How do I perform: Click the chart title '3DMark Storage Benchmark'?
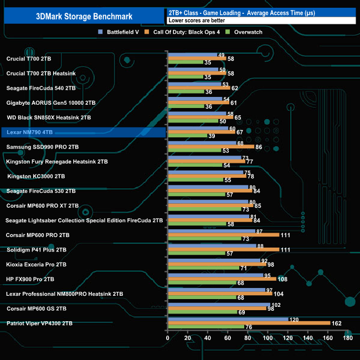coord(83,16)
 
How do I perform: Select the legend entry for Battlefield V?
coord(120,32)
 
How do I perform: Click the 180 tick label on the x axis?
coord(347,338)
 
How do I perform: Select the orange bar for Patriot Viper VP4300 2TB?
coord(249,323)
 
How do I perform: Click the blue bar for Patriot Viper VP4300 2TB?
coord(228,319)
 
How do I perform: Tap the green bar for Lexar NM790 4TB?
coord(187,136)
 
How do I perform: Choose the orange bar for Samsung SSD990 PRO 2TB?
coord(210,147)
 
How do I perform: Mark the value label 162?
coord(336,323)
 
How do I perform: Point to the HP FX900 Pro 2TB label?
coord(30,279)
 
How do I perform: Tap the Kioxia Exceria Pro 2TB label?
coord(37,264)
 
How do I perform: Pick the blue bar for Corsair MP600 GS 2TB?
coord(218,304)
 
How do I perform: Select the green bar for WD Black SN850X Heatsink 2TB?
coord(192,121)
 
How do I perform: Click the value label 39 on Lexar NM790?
coord(212,136)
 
